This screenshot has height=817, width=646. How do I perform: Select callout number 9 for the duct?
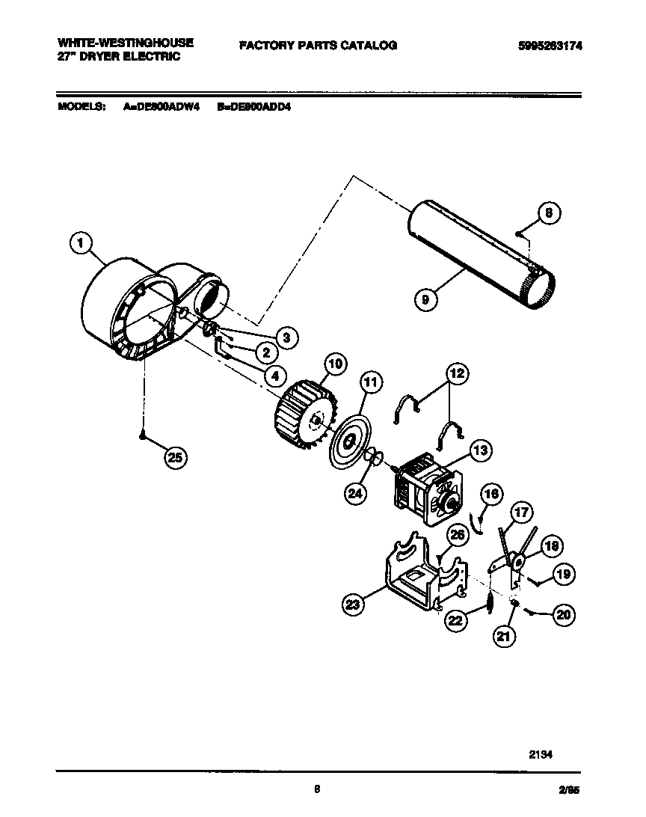[x=425, y=300]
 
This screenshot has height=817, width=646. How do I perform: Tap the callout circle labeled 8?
[x=548, y=214]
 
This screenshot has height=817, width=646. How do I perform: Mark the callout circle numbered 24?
[x=356, y=492]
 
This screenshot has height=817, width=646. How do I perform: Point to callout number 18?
[x=550, y=546]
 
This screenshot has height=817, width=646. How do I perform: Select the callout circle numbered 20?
[x=563, y=614]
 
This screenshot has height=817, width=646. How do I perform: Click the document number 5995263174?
[x=550, y=45]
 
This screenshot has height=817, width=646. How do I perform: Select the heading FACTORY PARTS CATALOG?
[x=318, y=45]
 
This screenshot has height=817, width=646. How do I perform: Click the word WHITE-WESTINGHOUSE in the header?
[x=125, y=43]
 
